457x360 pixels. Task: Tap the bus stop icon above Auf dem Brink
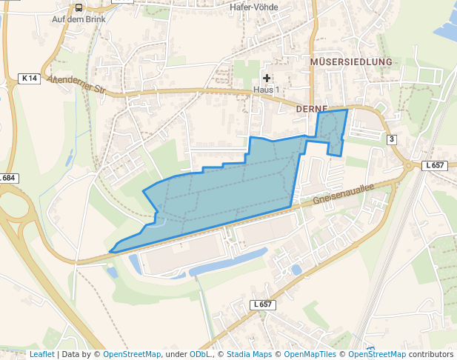[79, 7]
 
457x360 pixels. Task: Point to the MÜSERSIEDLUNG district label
[351, 61]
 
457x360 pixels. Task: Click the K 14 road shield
[29, 78]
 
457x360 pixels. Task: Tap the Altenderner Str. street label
[77, 86]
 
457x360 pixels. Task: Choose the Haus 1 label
[267, 90]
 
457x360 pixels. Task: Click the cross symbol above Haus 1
[267, 78]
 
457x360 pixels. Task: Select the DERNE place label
[311, 108]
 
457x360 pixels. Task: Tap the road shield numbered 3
[391, 139]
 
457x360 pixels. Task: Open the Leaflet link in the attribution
[41, 354]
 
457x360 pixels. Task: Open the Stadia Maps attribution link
[249, 354]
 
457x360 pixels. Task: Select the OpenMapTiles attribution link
[315, 354]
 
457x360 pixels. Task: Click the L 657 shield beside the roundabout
[434, 165]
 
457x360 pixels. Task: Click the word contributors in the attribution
[431, 354]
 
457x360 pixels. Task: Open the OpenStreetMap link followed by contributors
[377, 354]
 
